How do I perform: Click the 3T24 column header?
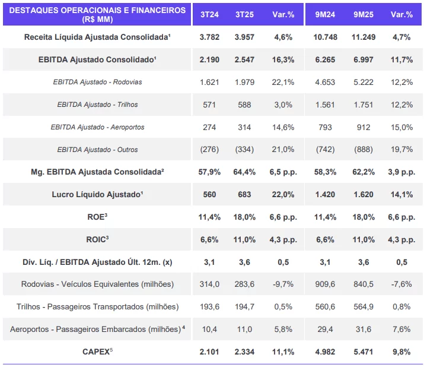tap(209, 14)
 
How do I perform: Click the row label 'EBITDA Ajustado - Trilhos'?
tap(97, 105)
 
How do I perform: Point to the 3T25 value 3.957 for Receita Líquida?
tap(243, 37)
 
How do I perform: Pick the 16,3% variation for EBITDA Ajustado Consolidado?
tap(283, 59)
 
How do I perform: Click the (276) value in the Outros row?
tap(209, 149)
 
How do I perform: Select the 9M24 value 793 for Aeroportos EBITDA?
tap(324, 127)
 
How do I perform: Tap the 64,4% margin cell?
tap(243, 172)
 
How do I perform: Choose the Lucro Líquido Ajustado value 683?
tap(243, 194)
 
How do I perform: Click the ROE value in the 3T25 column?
tap(243, 217)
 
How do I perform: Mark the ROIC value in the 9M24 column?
tap(324, 239)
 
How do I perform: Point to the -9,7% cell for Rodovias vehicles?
tap(283, 284)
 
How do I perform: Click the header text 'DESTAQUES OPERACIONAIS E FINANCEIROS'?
tap(97, 10)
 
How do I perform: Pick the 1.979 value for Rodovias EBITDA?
tap(243, 82)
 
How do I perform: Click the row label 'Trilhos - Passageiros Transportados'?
tap(97, 306)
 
